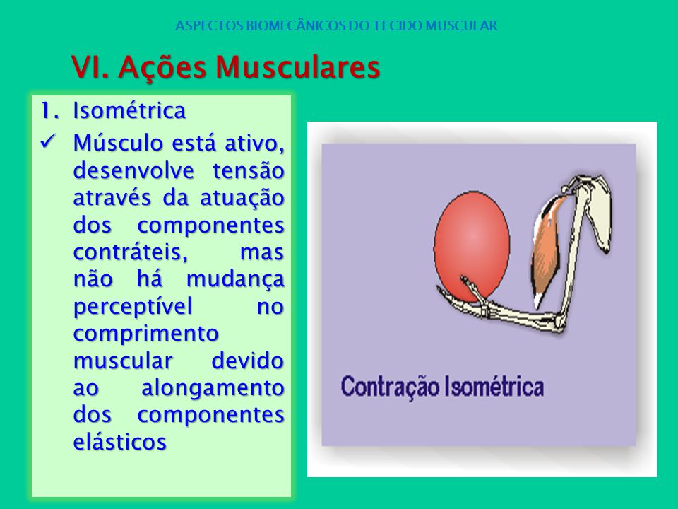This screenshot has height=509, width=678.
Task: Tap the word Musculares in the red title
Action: pos(297,67)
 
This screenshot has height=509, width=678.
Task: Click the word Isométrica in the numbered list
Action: pos(129,110)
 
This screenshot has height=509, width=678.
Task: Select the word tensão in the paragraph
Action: pos(248,170)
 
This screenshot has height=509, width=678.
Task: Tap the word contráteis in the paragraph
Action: pos(131,252)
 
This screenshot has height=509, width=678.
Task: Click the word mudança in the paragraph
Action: pos(235,280)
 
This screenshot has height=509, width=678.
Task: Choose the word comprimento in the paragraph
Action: pos(146,334)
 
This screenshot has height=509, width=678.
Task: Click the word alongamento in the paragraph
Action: pos(213,388)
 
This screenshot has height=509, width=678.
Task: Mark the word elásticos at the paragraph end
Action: pos(120,442)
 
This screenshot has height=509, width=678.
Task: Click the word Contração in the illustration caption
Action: pos(390,387)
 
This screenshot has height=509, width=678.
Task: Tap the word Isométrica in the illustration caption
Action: pos(494,386)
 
